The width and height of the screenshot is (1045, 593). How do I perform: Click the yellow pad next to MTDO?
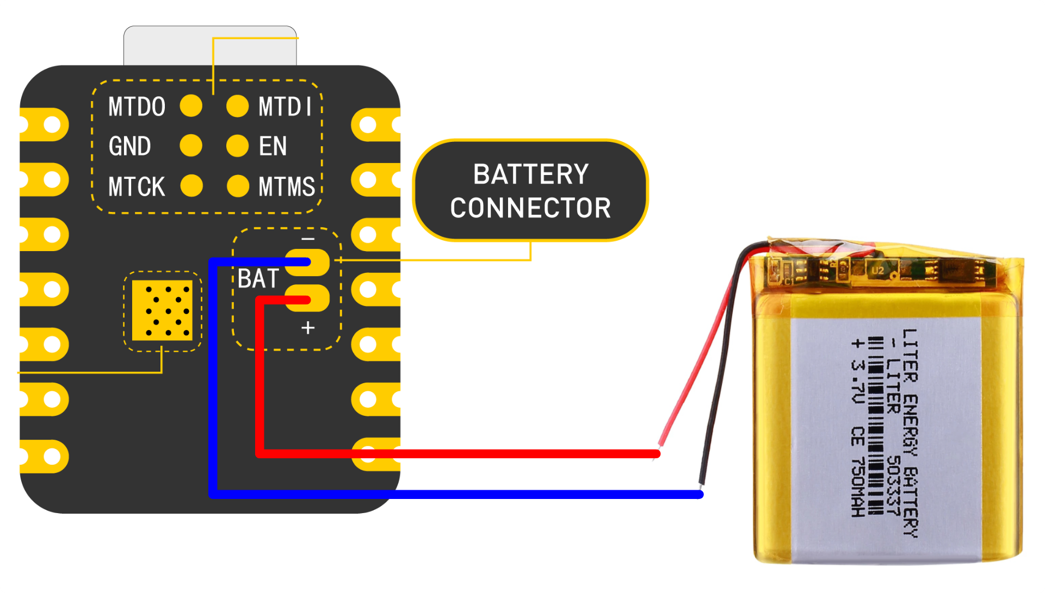coord(191,105)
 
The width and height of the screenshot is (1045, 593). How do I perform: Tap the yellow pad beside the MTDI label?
coord(238,106)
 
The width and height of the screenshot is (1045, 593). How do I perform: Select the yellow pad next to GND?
coord(191,146)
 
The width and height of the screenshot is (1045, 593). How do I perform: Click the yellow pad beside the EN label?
coord(238,146)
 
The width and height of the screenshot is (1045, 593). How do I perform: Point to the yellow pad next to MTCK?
coord(191,185)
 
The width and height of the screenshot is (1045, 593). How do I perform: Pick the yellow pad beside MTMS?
coord(238,186)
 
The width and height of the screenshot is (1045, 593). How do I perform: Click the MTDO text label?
coord(137,107)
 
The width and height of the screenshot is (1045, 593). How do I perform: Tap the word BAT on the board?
coord(258,279)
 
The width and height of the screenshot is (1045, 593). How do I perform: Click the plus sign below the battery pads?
coord(308,328)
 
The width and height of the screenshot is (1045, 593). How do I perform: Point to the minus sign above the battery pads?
coord(308,239)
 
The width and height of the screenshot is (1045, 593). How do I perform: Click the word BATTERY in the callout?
coord(531,174)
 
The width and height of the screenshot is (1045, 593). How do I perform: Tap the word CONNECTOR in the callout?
coord(531,208)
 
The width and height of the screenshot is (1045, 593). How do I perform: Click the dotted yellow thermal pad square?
coord(162,310)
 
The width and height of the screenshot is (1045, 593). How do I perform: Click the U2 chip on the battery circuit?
coord(877,270)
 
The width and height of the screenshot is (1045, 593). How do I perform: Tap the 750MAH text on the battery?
coord(858,486)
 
